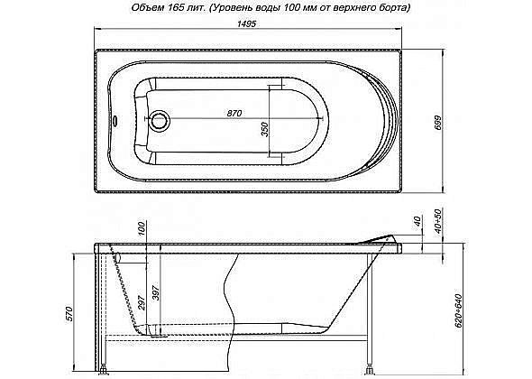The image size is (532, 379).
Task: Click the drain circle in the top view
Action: pyautogui.click(x=161, y=118)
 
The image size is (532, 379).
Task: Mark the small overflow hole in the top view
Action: pyautogui.click(x=112, y=119)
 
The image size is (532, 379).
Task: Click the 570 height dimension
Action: pyautogui.click(x=69, y=313)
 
